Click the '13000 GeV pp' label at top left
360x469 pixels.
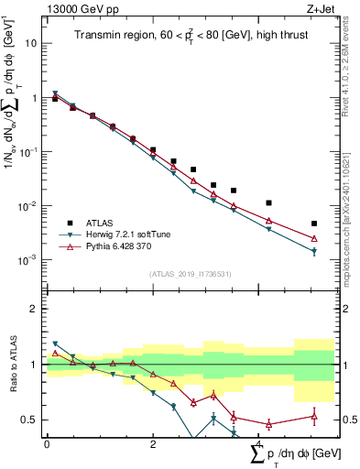coord(81,8)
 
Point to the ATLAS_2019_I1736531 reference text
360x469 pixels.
coord(190,274)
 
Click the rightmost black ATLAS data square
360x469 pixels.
coord(314,224)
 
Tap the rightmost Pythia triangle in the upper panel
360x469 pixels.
coord(314,239)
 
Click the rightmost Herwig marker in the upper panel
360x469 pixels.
coord(314,251)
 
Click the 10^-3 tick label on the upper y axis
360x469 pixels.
coord(27,260)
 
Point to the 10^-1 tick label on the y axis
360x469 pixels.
coord(27,152)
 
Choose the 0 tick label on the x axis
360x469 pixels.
coord(47,444)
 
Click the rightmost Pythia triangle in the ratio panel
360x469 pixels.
coord(314,417)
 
